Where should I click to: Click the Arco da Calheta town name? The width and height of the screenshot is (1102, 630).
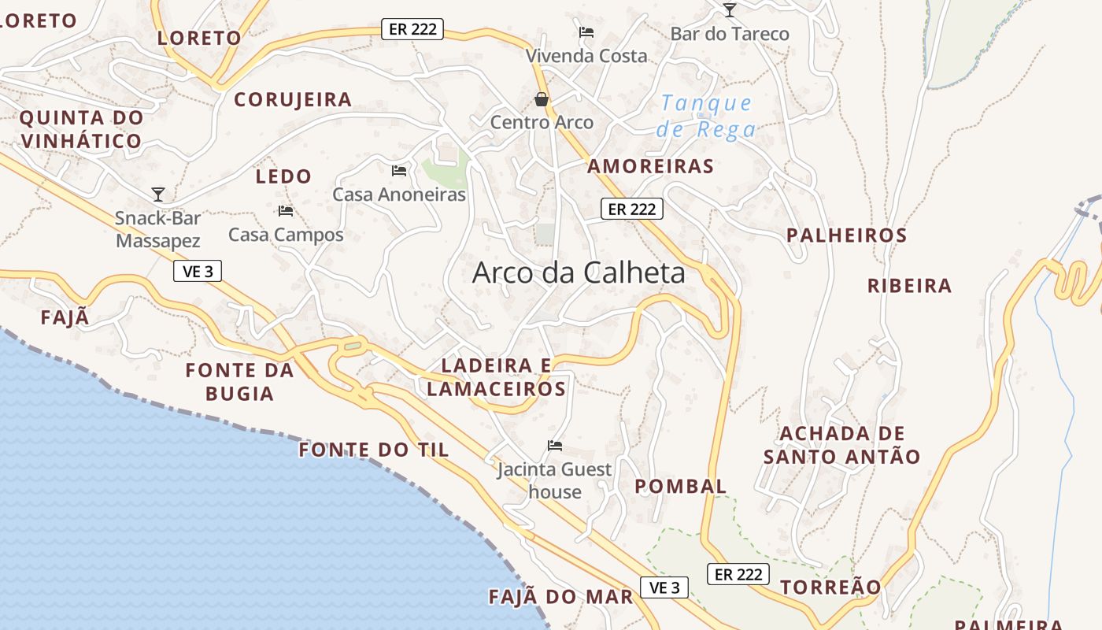point(579,273)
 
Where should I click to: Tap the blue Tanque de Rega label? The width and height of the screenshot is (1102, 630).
point(706,116)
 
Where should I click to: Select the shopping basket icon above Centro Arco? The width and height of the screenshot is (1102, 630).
point(542,99)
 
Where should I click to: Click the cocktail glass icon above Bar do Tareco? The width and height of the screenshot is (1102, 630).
point(730,9)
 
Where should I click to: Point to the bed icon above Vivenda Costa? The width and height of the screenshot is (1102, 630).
point(586,32)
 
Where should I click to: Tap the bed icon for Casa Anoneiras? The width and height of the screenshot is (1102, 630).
point(399,170)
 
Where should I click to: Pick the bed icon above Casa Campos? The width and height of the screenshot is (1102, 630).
point(286,211)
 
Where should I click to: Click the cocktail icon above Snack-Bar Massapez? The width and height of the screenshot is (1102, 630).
point(158,194)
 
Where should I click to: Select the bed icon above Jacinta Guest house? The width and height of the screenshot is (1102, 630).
point(555,446)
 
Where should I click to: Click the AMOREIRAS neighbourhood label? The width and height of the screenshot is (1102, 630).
point(651,166)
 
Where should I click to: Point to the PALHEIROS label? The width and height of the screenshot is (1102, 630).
point(847,235)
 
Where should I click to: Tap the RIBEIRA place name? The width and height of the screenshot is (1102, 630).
point(910,286)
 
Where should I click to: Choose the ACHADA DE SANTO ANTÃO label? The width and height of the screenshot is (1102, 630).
point(842,445)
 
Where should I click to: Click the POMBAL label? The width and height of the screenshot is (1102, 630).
point(681,486)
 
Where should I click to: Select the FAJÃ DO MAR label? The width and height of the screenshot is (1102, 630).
point(561,597)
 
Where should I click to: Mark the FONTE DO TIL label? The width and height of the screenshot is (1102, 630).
point(374,450)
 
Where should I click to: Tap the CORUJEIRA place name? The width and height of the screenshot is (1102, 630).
point(293,100)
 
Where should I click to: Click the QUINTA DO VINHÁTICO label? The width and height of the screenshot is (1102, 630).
point(82,130)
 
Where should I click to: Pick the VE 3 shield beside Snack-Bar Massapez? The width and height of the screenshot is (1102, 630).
point(198,272)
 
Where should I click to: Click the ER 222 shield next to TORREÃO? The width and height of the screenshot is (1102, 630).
point(738,574)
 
